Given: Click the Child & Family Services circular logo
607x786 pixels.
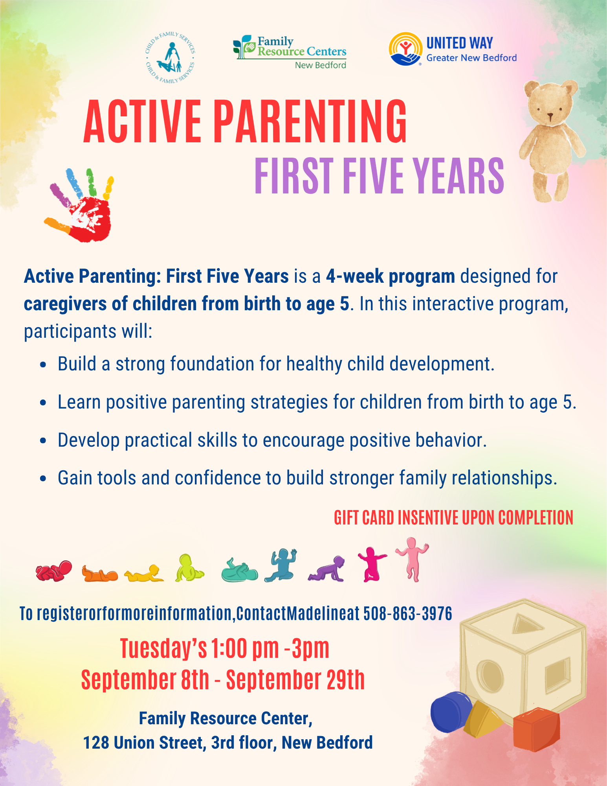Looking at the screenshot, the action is pos(170,57).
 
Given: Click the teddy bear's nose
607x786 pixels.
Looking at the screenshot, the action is pos(550,116).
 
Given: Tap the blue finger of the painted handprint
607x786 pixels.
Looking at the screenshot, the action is pos(73,182).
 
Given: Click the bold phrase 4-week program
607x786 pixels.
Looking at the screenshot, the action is pos(391,276).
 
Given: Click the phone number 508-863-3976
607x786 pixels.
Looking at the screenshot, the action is pos(408,613).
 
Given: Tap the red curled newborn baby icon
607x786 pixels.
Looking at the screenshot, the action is pos(54,571).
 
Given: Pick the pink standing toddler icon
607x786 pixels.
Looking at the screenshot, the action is pos(412,560).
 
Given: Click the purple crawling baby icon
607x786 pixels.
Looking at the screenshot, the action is pos(326,569).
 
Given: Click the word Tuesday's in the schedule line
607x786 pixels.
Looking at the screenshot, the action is pos(163,648).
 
